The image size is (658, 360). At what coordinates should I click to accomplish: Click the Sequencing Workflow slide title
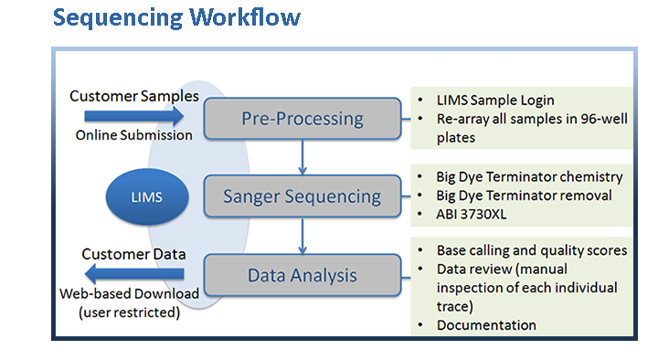175,17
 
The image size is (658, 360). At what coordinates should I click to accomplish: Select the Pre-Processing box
302,118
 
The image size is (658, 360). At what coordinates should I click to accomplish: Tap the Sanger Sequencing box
302,196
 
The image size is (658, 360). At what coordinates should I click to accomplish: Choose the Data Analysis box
302,274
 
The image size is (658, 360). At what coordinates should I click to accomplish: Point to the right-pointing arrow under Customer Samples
133,115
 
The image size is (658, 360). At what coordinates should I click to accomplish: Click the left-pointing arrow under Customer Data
133,273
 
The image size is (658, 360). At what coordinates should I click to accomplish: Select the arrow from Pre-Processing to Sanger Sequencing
302,156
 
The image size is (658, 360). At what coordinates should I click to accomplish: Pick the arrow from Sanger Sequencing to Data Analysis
302,235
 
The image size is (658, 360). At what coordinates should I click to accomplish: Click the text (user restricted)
130,311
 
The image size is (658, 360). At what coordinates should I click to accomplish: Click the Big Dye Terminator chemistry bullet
529,176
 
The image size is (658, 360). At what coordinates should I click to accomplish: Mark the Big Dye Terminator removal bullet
524,195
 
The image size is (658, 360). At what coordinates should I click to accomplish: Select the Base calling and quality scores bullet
531,249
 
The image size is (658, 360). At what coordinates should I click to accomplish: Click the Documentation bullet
485,325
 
